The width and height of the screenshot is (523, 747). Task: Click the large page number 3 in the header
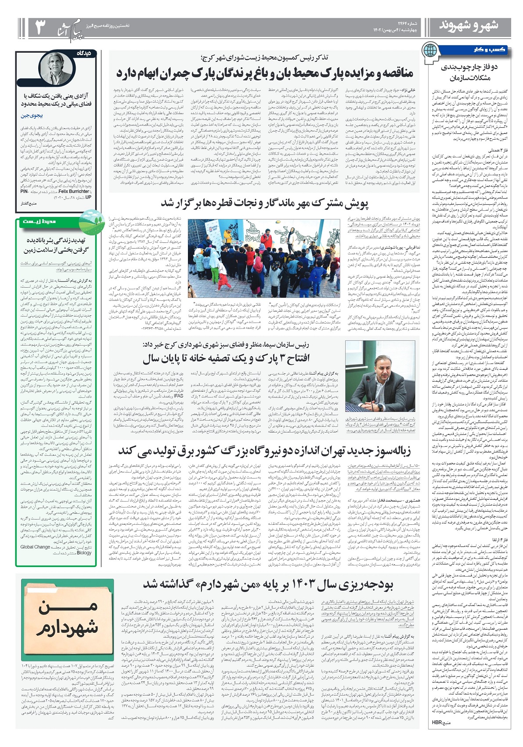40,28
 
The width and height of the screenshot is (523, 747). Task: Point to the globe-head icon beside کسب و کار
430,51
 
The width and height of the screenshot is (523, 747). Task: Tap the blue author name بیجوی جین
32,116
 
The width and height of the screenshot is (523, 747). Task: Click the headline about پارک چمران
264,73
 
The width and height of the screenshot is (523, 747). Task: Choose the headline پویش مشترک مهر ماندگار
264,203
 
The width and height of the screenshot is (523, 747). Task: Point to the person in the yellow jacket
227,238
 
